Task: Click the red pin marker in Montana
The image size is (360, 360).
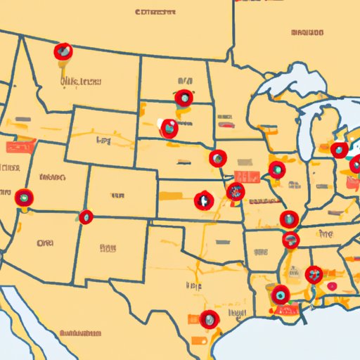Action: (63, 51)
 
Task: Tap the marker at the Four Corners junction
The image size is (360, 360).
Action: (86, 217)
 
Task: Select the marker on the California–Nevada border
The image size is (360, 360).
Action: (25, 198)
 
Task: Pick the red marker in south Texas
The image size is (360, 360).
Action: (209, 319)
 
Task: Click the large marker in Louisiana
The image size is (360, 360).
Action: (281, 295)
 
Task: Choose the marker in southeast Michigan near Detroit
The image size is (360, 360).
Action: (340, 150)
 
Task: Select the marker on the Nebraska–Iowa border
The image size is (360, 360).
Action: (218, 158)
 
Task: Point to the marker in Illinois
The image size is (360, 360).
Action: (277, 169)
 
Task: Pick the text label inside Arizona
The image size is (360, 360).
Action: (44, 243)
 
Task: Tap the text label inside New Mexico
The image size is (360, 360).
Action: (107, 247)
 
